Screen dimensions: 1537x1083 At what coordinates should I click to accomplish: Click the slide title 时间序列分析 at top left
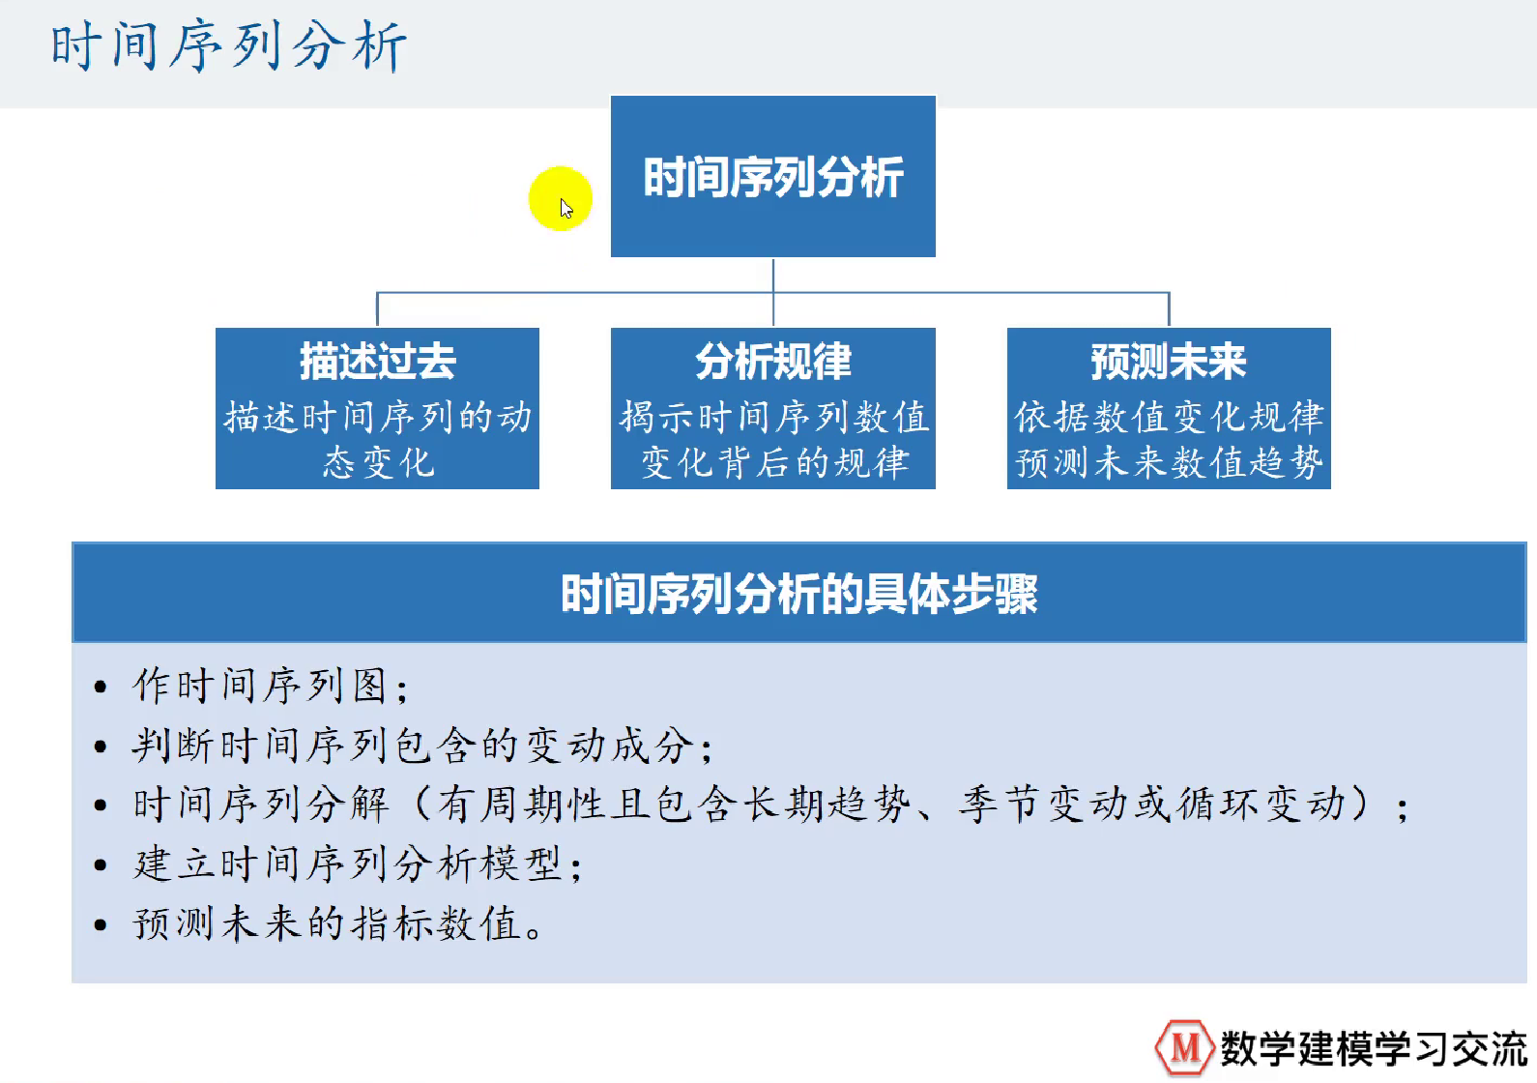[x=228, y=46]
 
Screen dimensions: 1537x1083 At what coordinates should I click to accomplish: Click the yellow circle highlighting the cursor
[x=560, y=198]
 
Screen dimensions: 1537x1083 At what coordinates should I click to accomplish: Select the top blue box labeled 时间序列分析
[x=773, y=176]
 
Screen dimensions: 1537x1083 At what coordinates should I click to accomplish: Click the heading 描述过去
[x=378, y=361]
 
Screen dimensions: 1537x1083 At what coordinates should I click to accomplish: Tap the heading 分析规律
[x=773, y=361]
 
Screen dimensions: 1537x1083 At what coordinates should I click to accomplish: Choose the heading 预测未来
[x=1169, y=361]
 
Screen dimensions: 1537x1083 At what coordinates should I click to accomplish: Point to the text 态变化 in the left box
[x=378, y=462]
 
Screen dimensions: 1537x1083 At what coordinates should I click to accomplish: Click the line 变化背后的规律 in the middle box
[x=774, y=462]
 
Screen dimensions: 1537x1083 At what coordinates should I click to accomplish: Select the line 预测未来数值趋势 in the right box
[x=1169, y=462]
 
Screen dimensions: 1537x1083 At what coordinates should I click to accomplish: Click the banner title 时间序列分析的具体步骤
[x=799, y=594]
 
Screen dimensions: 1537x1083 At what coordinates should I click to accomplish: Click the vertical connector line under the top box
[x=773, y=292]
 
